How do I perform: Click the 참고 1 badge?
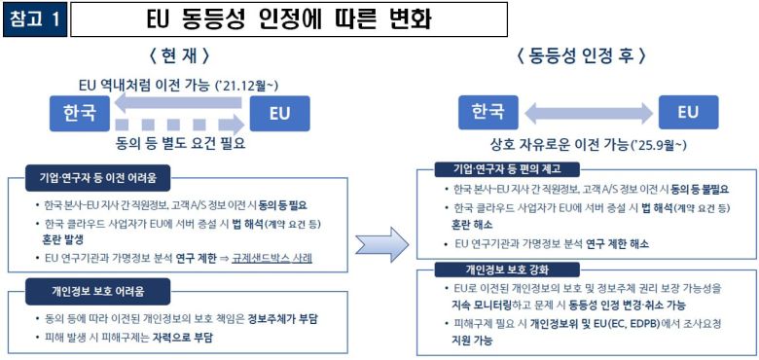click(x=35, y=18)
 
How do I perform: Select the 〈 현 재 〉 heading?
click(x=180, y=54)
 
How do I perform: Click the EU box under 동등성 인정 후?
click(x=687, y=112)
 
